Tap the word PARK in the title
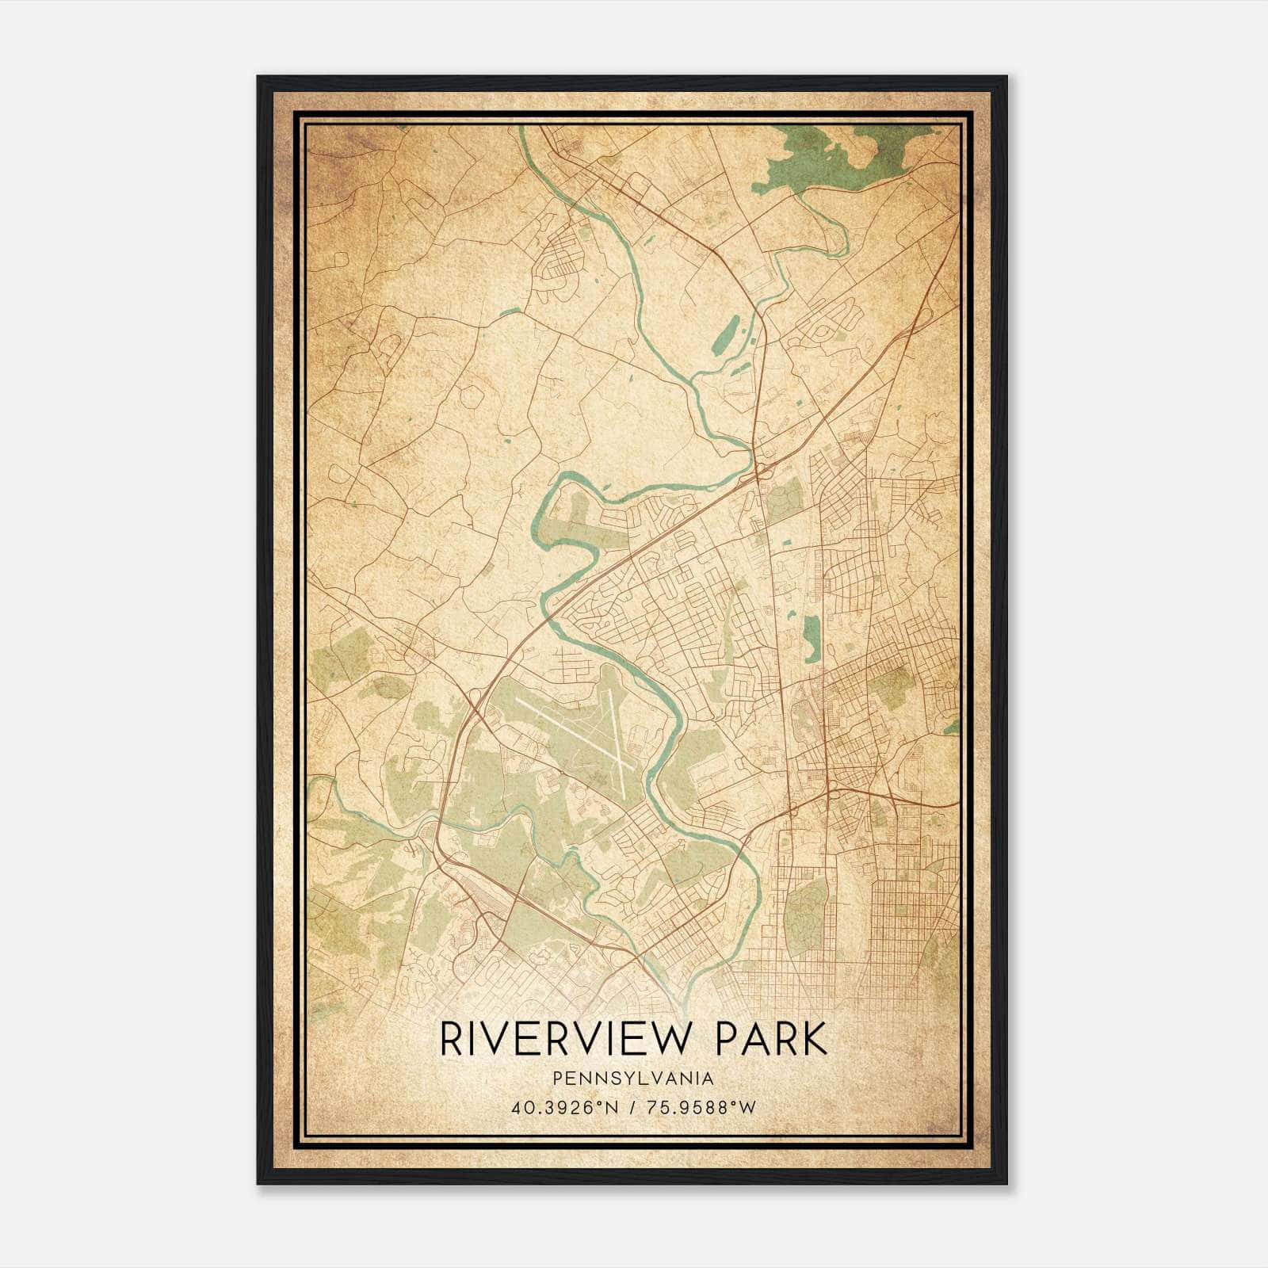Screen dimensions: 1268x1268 coord(770,1039)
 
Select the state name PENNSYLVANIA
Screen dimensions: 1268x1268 coord(633,1079)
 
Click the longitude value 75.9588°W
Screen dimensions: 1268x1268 coord(701,1107)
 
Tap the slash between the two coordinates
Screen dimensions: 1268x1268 coord(631,1107)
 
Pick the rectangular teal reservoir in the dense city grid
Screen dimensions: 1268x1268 coord(812,639)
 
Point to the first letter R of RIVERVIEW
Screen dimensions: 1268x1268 coord(451,1039)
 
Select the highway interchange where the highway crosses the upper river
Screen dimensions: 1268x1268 coord(757,472)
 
